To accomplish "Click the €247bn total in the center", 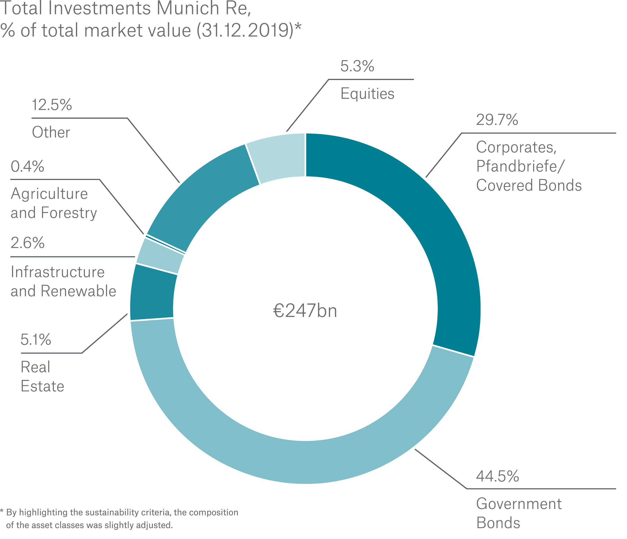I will [305, 311].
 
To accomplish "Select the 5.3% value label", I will [357, 66].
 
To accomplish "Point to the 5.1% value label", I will [36, 340].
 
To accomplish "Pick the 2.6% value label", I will [27, 243].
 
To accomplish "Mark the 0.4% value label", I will [27, 167].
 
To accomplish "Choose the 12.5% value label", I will [52, 105].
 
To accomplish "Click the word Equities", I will [367, 94].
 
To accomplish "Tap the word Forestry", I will [69, 213].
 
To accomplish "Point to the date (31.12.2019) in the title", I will [245, 31].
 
